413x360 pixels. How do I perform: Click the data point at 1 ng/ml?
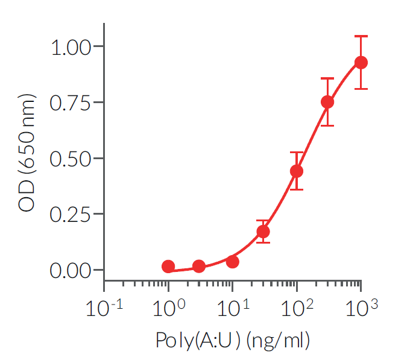pos(168,267)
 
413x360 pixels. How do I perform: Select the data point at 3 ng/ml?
pos(198,267)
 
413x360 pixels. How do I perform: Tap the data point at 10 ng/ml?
pos(232,262)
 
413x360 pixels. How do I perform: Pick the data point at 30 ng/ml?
pos(263,232)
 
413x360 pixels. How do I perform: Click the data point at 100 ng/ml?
pos(297,171)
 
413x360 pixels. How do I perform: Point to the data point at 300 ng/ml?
pos(327,102)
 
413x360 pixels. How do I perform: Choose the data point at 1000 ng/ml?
pos(361,62)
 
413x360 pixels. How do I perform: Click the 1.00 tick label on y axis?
pos(70,47)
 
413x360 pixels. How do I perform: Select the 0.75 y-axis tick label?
pos(70,103)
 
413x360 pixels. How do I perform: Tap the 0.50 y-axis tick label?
pos(70,159)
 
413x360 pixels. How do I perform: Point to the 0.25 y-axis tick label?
pos(70,215)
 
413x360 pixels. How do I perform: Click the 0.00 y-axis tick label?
pos(70,271)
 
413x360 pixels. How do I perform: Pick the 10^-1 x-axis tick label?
pos(106,309)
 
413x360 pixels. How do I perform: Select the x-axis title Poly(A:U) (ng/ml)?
pos(233,341)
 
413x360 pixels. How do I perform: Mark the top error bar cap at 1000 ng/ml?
pos(361,36)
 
